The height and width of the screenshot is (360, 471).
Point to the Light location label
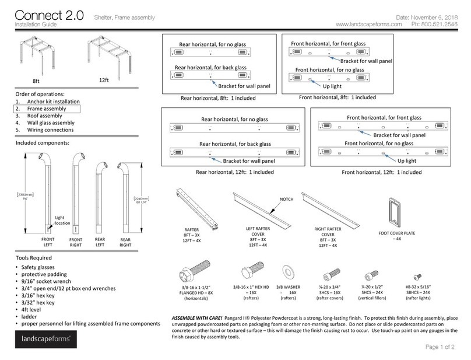63,219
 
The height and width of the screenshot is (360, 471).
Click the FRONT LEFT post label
48,242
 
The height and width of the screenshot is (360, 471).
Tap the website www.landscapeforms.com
370,25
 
